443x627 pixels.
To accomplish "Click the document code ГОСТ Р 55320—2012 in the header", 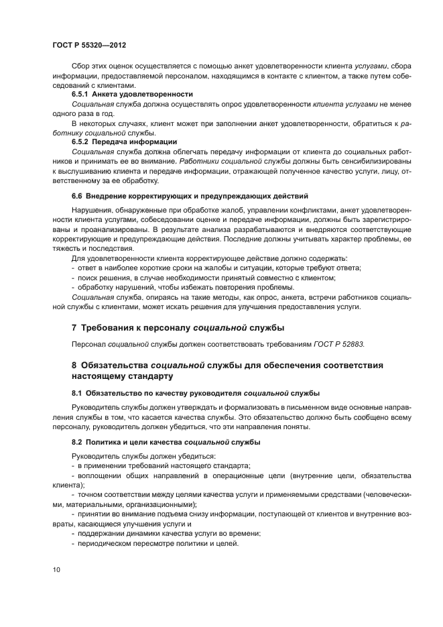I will point(89,45).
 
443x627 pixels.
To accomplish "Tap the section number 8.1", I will point(78,393).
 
